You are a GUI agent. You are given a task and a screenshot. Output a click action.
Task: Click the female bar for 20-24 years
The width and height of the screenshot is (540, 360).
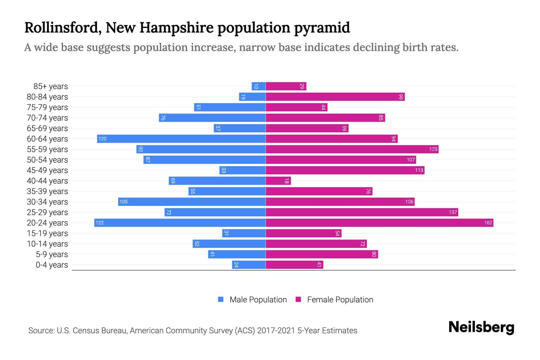(379, 223)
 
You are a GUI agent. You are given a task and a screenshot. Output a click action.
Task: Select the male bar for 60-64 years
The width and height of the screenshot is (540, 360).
(181, 139)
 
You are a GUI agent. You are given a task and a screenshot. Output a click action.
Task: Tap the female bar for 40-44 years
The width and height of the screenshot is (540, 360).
(278, 181)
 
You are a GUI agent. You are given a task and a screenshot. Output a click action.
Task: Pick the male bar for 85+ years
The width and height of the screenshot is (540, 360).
(259, 86)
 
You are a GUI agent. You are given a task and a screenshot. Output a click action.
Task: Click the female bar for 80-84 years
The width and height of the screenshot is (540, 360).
(335, 97)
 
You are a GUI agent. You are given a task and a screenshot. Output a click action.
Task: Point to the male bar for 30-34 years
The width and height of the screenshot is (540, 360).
(192, 202)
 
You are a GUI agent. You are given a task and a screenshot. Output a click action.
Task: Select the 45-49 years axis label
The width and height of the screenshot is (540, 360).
(47, 170)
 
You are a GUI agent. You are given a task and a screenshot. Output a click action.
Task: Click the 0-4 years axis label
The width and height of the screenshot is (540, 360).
(52, 265)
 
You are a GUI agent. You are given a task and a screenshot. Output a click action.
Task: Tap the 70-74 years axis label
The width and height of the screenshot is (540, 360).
(47, 118)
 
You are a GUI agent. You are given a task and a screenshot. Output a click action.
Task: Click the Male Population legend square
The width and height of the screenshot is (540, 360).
(221, 299)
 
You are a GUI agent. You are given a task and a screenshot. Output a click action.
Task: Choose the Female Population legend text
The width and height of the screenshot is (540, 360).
(340, 300)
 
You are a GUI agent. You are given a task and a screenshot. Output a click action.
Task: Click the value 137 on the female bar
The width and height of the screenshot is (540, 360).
(453, 212)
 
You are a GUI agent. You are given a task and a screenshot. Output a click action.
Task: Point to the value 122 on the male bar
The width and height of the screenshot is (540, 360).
(100, 223)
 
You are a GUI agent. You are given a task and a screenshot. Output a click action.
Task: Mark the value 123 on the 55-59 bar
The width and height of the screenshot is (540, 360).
(433, 149)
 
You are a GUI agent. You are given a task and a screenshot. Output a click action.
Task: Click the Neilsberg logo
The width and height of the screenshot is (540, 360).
(481, 327)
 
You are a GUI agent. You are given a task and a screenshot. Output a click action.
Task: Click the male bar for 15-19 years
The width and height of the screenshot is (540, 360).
(244, 233)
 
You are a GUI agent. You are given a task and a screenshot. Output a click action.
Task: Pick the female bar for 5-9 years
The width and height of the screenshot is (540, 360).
(322, 254)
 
